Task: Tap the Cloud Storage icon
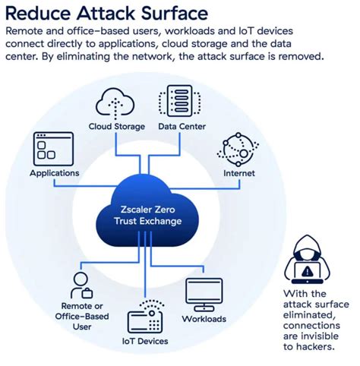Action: [x=116, y=103]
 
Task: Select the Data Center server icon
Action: [x=178, y=102]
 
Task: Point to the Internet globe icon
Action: [x=238, y=150]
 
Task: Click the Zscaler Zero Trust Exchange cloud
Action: [x=144, y=213]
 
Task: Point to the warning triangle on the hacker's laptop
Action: [x=306, y=270]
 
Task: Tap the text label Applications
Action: [x=54, y=173]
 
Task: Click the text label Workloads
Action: [x=204, y=319]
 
